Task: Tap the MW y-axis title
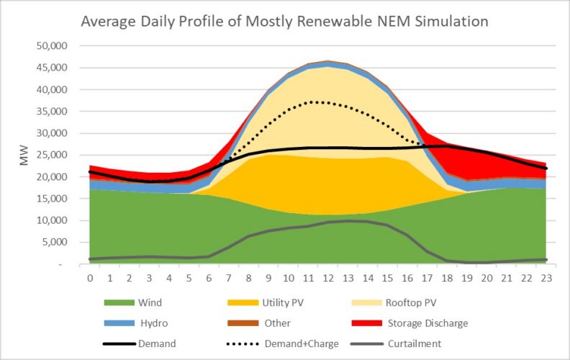[x=24, y=156]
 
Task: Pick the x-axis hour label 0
[x=90, y=278]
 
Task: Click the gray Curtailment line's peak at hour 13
[x=348, y=221]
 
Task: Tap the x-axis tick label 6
[x=209, y=278]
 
